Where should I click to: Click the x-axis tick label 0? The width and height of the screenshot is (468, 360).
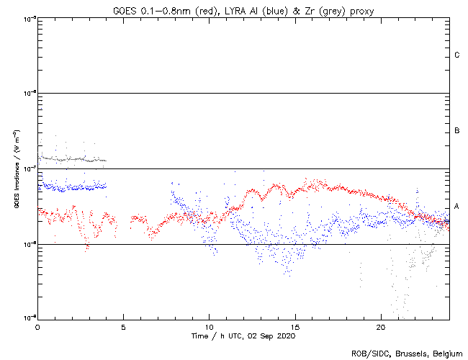[x=37, y=326]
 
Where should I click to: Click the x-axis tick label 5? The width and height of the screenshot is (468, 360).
[x=123, y=326]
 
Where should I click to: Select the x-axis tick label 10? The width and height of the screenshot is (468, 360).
[x=209, y=326]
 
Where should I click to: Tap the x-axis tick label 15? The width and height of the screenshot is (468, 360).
[x=294, y=326]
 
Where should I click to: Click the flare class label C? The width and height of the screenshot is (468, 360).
[x=456, y=55]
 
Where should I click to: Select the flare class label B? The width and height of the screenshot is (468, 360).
[x=456, y=131]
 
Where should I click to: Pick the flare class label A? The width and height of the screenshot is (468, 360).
[x=456, y=207]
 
